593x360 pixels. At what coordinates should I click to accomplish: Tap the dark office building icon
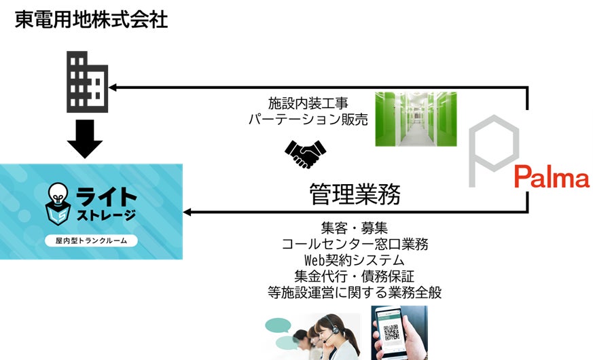tap(86, 81)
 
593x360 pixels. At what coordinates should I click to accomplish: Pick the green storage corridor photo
tap(416, 119)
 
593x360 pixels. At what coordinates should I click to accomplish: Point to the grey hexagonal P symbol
tap(493, 151)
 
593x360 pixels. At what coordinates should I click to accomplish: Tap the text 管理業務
tap(355, 194)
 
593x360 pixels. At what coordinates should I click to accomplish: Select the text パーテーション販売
tap(308, 120)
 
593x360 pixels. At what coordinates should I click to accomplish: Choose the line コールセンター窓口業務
tap(355, 244)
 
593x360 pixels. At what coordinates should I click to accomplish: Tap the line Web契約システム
tap(355, 260)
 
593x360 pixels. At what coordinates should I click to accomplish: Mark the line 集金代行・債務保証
tap(355, 276)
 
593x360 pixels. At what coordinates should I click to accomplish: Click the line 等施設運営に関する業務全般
tap(355, 293)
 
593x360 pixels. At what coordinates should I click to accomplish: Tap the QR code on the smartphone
tap(393, 333)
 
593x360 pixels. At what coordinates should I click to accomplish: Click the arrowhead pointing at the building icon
tap(114, 87)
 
